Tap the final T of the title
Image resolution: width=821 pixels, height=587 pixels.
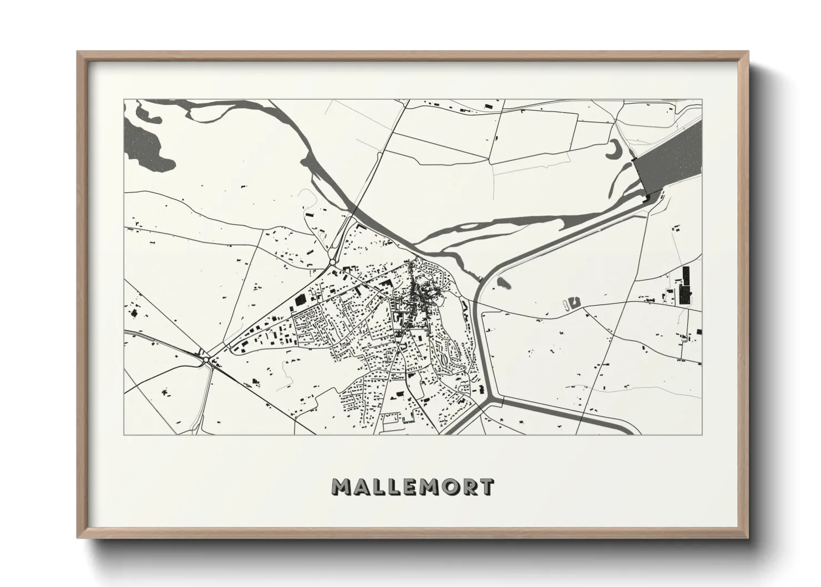(x=486, y=487)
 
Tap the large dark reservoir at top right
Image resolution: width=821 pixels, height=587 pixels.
(x=671, y=155)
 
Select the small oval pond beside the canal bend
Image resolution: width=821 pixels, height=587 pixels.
(x=504, y=283)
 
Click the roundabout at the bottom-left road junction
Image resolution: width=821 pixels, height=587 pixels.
(x=206, y=360)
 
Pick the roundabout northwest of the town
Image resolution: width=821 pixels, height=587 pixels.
(x=332, y=262)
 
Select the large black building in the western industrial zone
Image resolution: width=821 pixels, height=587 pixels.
(x=299, y=299)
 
